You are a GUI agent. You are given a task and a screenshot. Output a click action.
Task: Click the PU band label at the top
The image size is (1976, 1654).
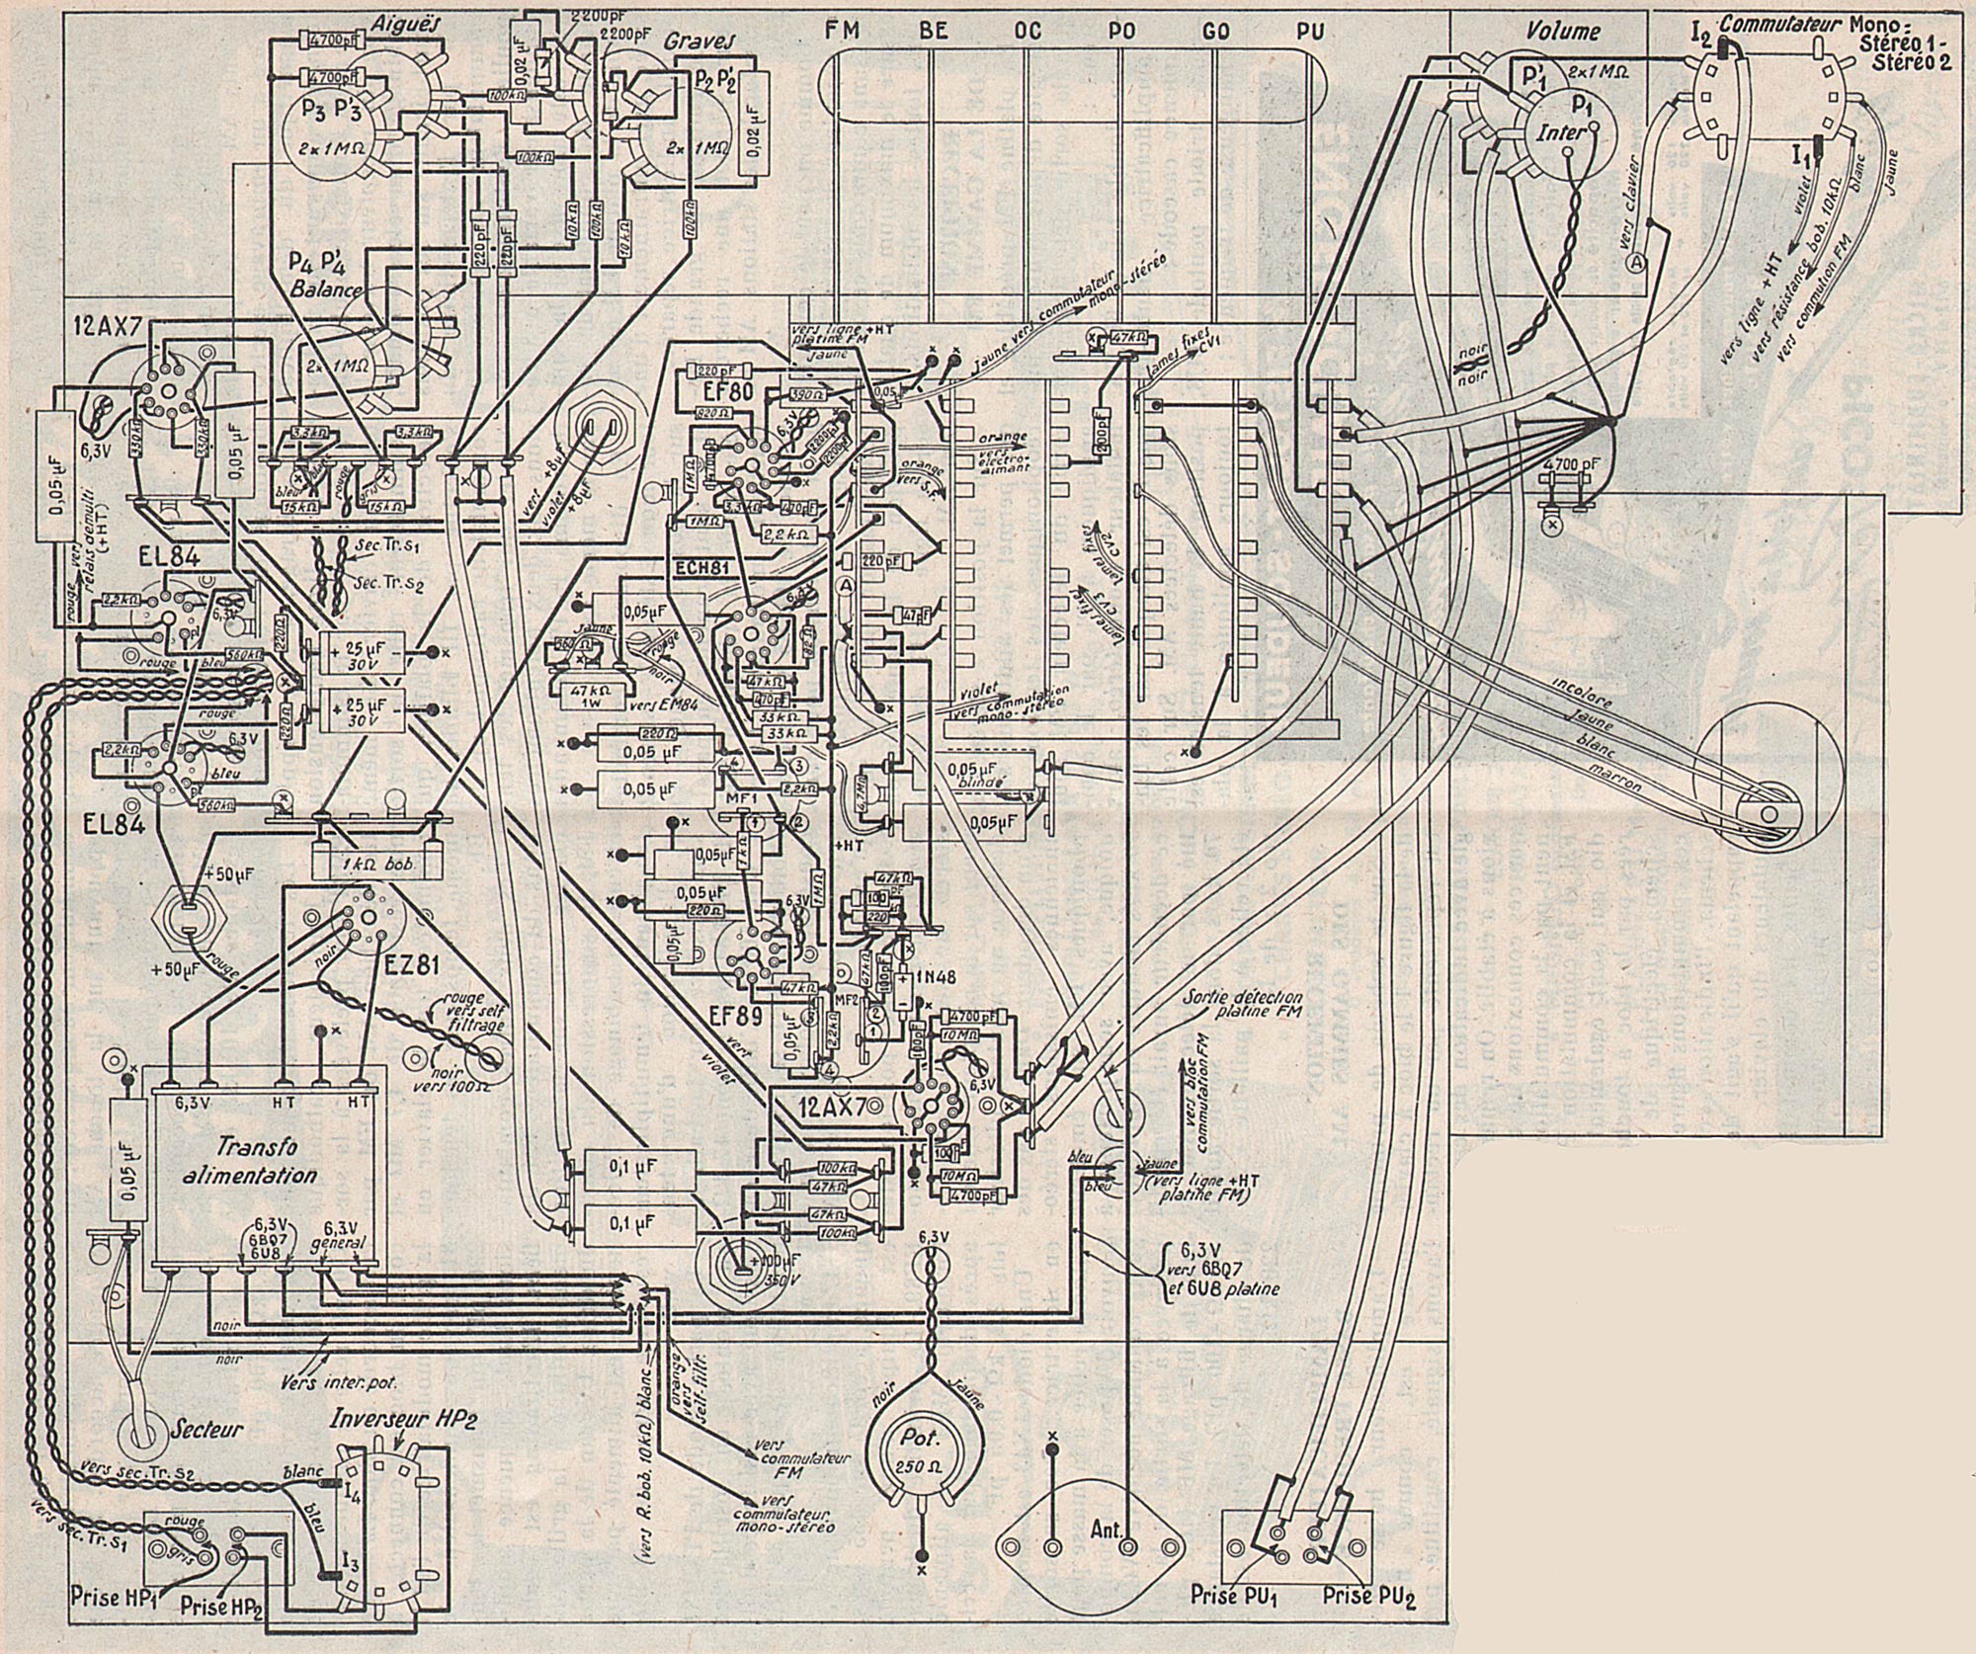tap(1308, 31)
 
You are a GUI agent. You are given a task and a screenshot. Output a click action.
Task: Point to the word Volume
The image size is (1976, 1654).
tap(1562, 32)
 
